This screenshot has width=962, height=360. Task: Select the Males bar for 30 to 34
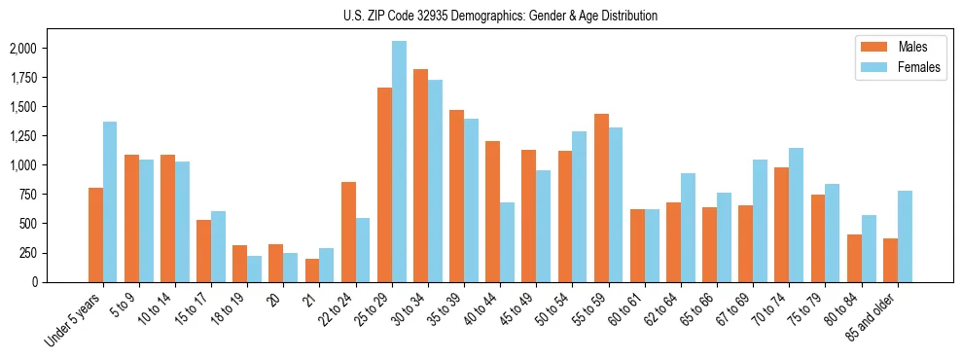(x=420, y=175)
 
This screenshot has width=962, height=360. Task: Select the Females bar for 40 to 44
(x=507, y=242)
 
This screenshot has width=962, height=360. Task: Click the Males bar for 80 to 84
(x=854, y=258)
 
